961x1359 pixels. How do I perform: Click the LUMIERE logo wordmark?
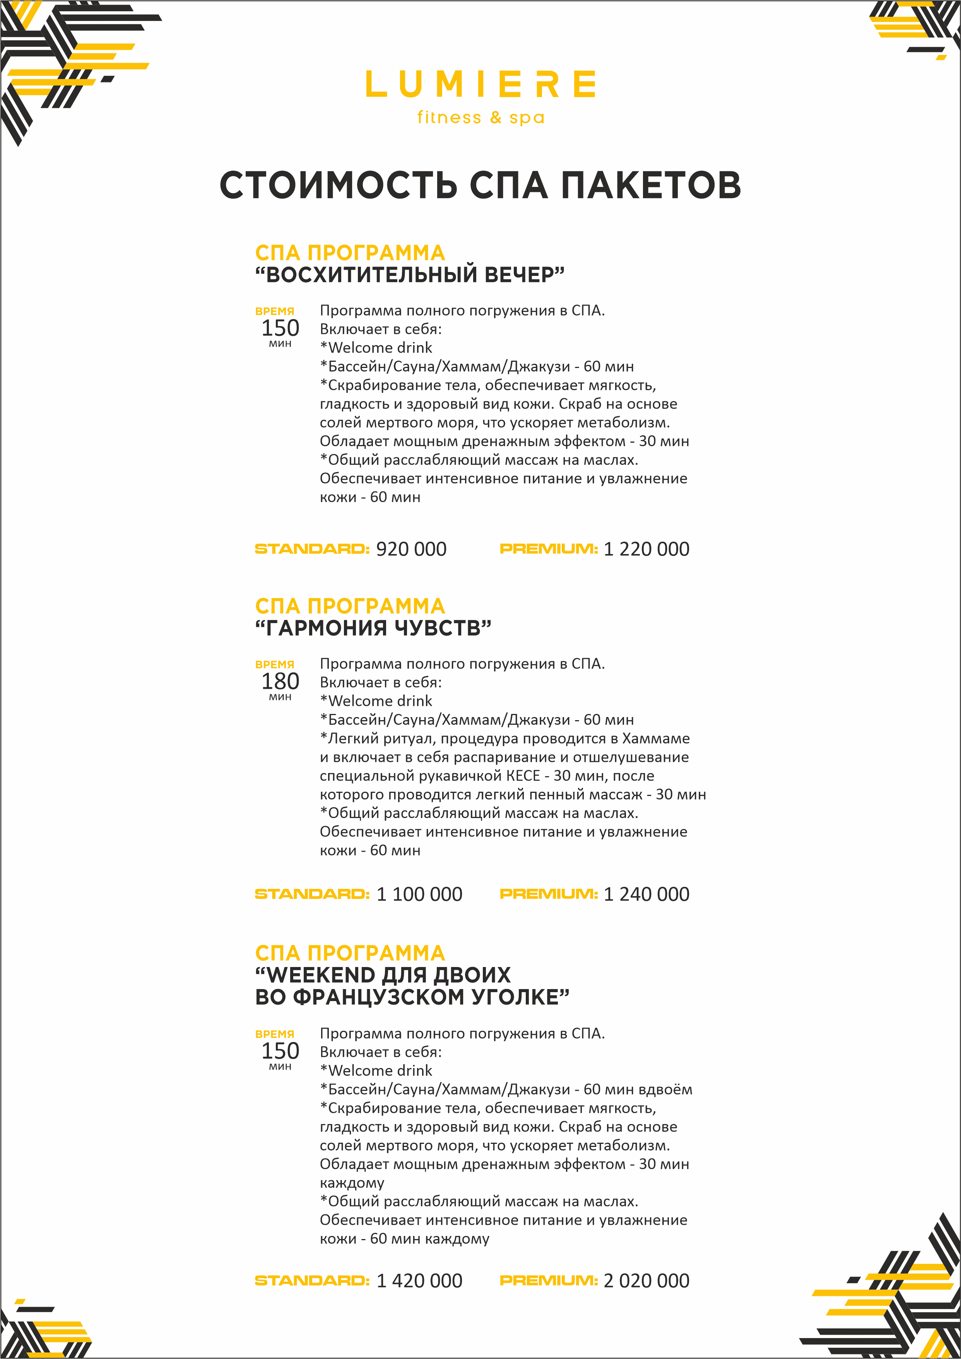(480, 84)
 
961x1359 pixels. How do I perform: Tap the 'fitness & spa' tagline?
(480, 117)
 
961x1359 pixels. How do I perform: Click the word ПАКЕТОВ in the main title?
(651, 185)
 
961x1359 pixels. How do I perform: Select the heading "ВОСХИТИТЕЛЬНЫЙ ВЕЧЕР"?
(409, 275)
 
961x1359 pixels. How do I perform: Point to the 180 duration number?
(280, 681)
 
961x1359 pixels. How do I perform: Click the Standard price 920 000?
(411, 549)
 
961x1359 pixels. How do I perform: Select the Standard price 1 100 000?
(419, 894)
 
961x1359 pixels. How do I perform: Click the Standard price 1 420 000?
(419, 1281)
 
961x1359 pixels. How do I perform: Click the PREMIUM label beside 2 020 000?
(549, 1281)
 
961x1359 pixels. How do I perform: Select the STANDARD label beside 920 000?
(312, 549)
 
